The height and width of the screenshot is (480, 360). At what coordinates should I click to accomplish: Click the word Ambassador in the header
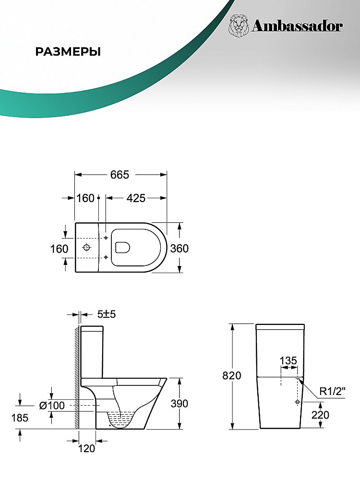(x=297, y=26)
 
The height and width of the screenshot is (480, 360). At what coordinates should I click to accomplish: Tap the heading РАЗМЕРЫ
(x=68, y=52)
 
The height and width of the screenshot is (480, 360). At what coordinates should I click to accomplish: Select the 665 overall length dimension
(x=120, y=175)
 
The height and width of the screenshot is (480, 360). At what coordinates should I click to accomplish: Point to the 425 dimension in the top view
(x=136, y=198)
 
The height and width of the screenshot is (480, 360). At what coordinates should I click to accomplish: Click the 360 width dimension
(x=180, y=248)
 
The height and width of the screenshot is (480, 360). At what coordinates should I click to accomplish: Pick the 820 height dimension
(x=232, y=375)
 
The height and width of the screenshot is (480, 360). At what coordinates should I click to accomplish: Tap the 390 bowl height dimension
(x=180, y=404)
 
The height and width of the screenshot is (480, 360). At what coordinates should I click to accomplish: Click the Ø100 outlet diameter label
(x=52, y=405)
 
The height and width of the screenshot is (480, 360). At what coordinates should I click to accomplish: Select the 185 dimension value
(x=20, y=418)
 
